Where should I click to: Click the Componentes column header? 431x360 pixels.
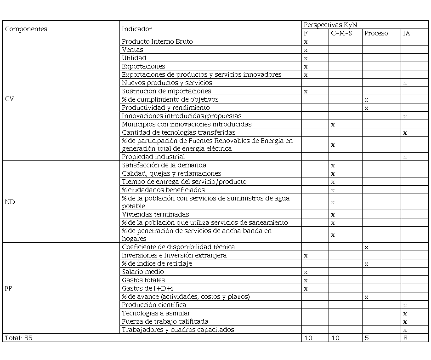[x=26, y=29]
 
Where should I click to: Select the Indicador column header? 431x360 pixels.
[x=136, y=29]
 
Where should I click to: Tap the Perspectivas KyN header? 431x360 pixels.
[x=330, y=25]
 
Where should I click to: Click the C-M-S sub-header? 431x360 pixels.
[x=341, y=33]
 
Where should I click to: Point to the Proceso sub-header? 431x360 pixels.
[x=376, y=33]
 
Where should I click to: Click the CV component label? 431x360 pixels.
[x=9, y=99]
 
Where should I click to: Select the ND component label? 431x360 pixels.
[x=9, y=202]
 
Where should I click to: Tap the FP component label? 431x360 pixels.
[x=9, y=288]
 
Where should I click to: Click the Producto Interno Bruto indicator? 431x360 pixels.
[x=157, y=41]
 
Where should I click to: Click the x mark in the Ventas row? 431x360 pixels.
[x=306, y=50]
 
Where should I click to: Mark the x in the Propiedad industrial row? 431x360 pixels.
[x=405, y=157]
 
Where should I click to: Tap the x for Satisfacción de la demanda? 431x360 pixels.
[x=333, y=166]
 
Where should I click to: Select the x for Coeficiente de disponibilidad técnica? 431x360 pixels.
[x=366, y=247]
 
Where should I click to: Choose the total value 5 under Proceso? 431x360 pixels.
[x=366, y=338]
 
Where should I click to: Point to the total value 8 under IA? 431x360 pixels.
[x=405, y=338]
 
